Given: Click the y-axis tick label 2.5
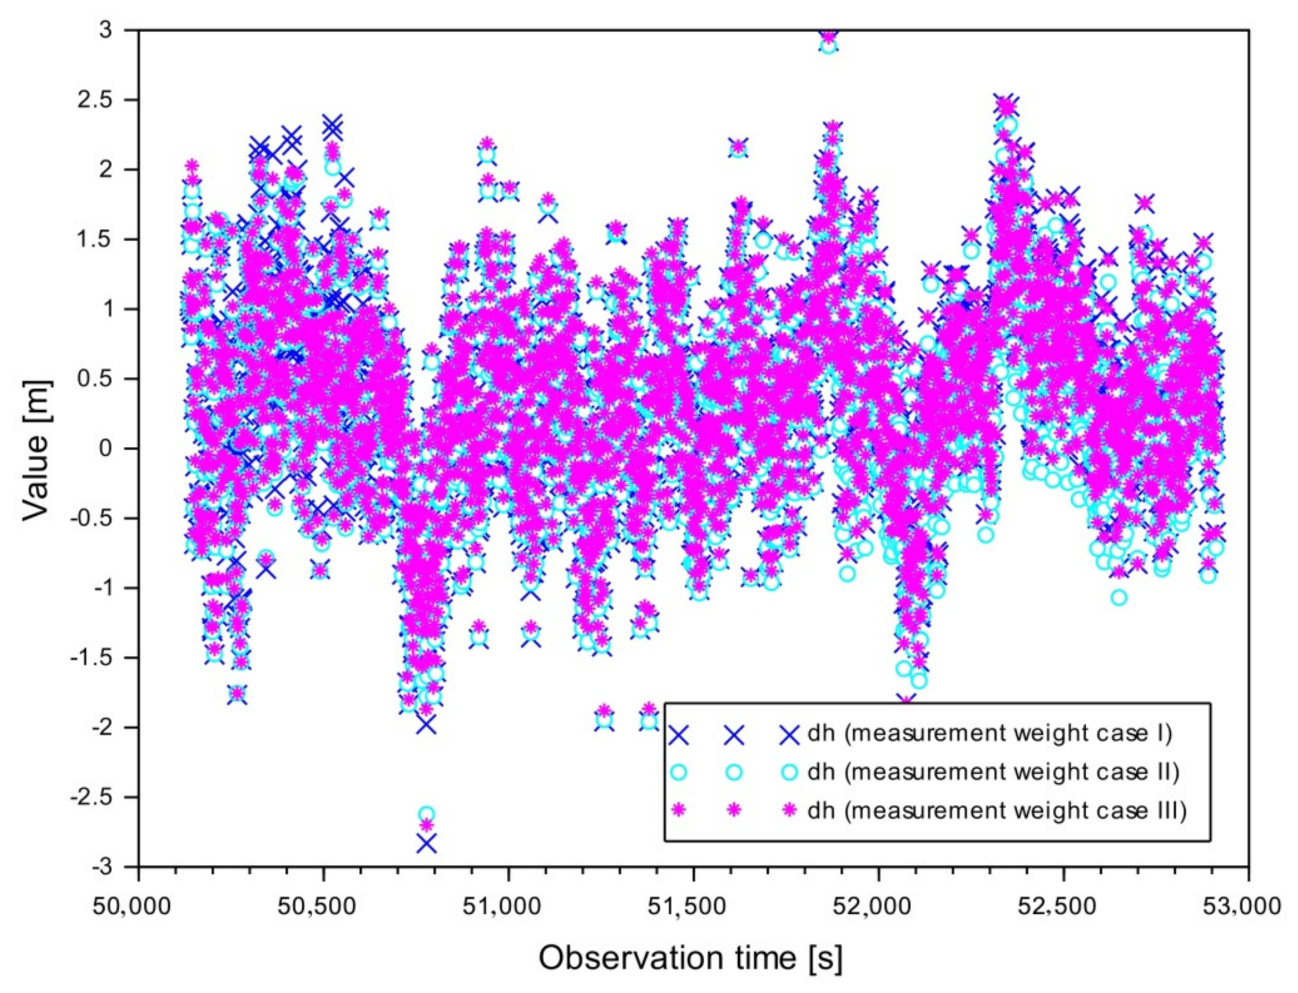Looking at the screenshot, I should pyautogui.click(x=96, y=100).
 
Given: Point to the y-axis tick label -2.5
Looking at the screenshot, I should pyautogui.click(x=92, y=797).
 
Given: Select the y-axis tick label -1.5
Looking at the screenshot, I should pyautogui.click(x=92, y=657).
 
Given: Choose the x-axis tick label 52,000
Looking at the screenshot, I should pyautogui.click(x=871, y=906).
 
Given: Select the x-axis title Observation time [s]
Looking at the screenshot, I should pyautogui.click(x=690, y=958).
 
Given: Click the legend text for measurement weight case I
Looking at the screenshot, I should pyautogui.click(x=989, y=733).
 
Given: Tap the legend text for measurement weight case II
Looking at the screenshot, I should pyautogui.click(x=993, y=771).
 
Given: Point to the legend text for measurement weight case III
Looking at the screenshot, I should pyautogui.click(x=996, y=811).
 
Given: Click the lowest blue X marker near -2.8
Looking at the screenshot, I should pyautogui.click(x=426, y=844).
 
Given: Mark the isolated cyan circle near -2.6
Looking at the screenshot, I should pyautogui.click(x=426, y=815).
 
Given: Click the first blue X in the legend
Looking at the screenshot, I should pyautogui.click(x=678, y=735).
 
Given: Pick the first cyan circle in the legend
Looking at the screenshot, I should pyautogui.click(x=678, y=773).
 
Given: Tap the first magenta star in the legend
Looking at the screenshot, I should pyautogui.click(x=678, y=811).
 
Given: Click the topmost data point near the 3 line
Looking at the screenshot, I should pyautogui.click(x=829, y=36).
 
